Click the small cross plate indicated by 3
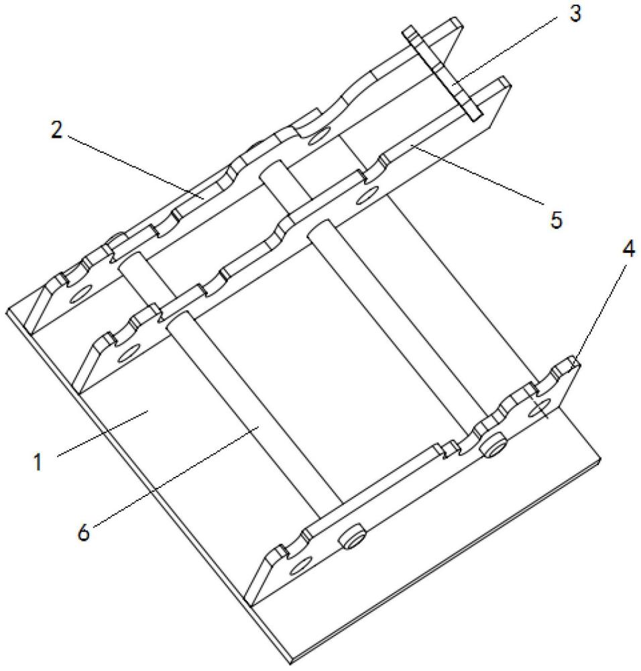443,74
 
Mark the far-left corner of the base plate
8,311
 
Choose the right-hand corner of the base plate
599,460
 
